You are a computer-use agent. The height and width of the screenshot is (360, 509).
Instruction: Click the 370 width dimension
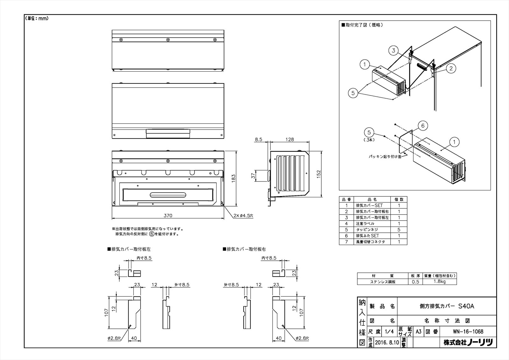[x=168, y=215]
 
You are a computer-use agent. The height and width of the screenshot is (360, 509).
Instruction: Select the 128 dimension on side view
[x=289, y=139]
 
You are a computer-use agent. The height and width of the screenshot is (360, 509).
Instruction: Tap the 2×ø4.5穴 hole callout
[x=242, y=215]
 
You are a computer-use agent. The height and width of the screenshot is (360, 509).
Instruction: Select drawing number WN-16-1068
[x=468, y=331]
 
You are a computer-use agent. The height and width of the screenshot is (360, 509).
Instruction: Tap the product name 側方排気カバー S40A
[x=447, y=306]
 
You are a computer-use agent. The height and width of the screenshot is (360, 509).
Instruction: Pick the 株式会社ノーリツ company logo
[x=468, y=342]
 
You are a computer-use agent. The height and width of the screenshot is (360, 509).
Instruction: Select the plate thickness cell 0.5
[x=415, y=282]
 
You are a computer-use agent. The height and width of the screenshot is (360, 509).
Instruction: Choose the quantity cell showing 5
[x=399, y=229]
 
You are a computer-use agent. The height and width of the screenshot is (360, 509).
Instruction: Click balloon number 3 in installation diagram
[x=394, y=50]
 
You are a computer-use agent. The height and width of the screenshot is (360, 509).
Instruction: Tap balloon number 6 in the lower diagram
[x=423, y=126]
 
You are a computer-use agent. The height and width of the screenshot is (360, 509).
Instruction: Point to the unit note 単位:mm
[x=37, y=18]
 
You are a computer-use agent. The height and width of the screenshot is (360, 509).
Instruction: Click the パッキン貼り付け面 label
[x=384, y=157]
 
